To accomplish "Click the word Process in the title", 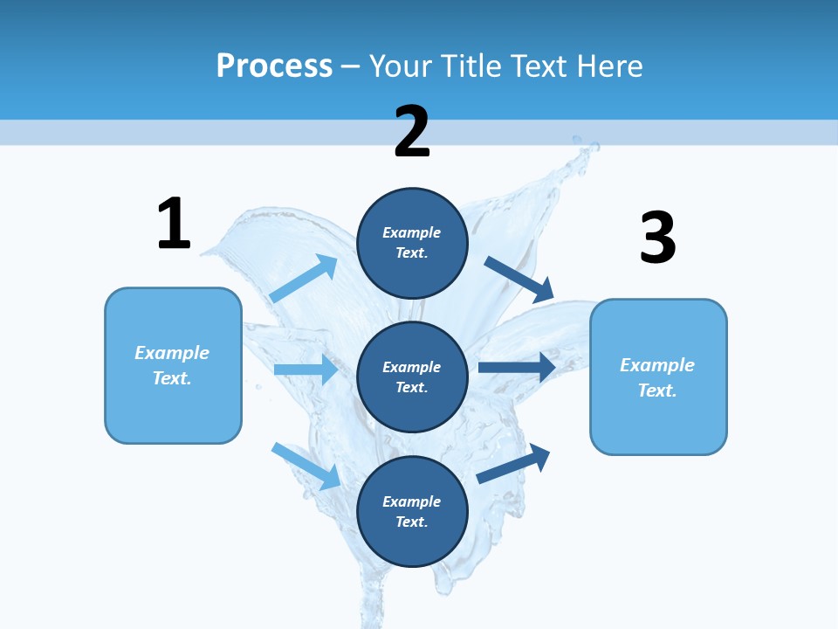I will coord(274,66).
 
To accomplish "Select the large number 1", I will coord(174,224).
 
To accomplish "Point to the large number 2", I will coord(412,132).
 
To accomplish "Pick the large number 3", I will coord(657,238).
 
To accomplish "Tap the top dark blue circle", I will coord(412,243).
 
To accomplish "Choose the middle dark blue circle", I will coord(412,377).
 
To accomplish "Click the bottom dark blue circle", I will coord(412,512).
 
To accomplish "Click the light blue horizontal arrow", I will coord(306,370).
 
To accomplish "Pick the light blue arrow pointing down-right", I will coord(306,466).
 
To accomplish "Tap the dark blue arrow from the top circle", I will coord(519,280).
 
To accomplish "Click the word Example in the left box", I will coord(172,353).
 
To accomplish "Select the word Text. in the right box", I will coord(657,391).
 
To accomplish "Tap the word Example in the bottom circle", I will coord(412,501).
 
